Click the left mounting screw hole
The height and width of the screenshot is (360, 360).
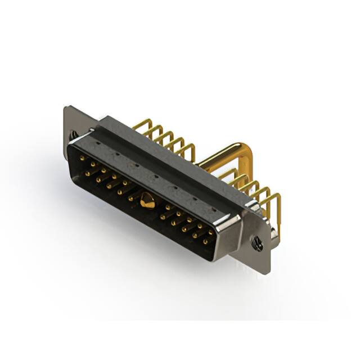point(74,134)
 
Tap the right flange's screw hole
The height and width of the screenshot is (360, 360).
point(258,243)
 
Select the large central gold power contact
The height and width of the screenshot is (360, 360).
point(148,200)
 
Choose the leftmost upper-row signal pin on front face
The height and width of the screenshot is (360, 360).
point(83,159)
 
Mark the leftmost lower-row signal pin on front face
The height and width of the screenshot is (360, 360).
point(87,174)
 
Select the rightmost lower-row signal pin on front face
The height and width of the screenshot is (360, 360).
point(205,241)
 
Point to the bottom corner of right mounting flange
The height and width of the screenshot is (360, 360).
point(267,272)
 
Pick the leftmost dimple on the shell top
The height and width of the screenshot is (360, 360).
point(100,144)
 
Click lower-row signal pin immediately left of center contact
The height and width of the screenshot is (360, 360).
point(130,198)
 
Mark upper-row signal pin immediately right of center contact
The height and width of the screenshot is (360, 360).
point(168,208)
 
